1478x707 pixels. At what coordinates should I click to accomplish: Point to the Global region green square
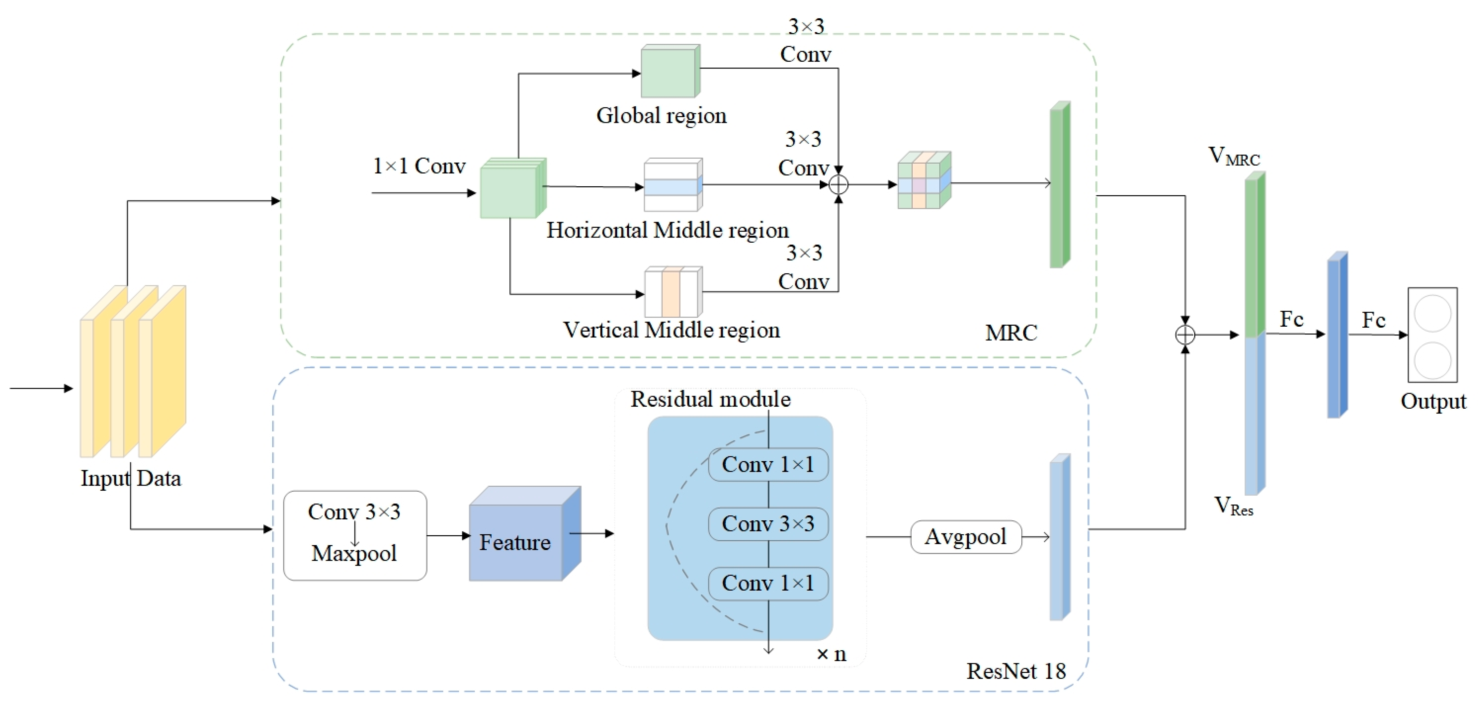point(669,72)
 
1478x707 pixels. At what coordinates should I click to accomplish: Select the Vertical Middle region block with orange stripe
point(673,292)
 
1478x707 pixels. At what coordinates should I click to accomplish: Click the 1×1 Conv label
point(419,166)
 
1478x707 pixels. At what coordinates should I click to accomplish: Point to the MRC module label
point(1011,333)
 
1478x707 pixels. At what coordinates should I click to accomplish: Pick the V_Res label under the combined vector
point(1233,506)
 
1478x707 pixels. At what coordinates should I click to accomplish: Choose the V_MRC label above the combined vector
point(1233,156)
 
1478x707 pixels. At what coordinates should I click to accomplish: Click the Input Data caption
point(131,479)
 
